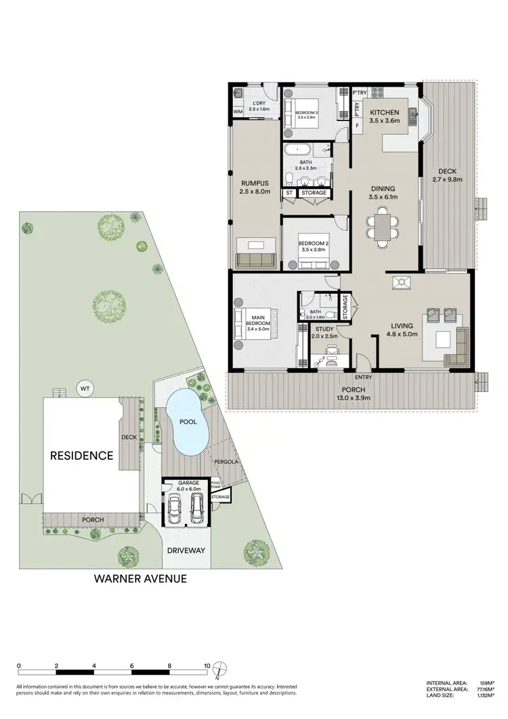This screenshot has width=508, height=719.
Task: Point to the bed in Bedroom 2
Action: point(308,251)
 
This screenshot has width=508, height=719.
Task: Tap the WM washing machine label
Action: point(238,112)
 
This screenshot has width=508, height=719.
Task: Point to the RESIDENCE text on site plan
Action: point(82,456)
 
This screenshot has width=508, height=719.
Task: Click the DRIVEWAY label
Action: point(186,550)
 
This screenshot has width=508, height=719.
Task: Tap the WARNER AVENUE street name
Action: point(140,579)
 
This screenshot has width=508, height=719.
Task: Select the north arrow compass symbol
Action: point(218,670)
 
